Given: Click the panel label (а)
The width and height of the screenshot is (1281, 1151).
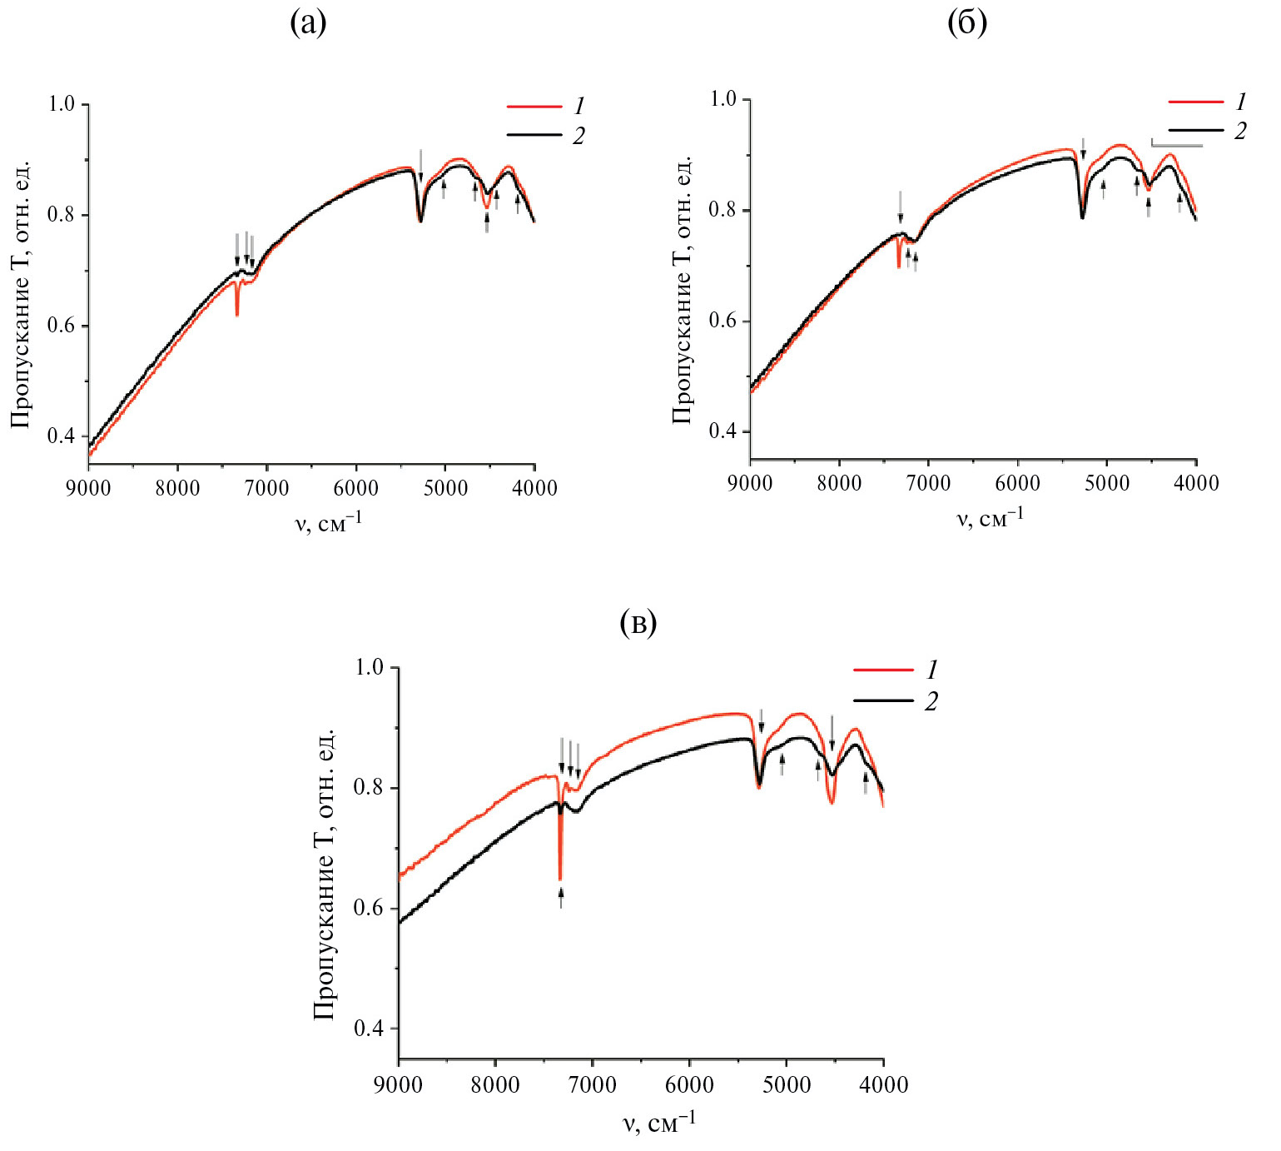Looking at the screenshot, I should click(x=308, y=23).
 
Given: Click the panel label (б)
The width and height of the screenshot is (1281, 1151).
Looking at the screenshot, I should click(x=967, y=23).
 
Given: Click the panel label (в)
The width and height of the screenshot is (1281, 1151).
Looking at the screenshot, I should click(x=638, y=622).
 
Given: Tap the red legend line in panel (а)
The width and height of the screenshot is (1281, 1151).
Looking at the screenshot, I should click(x=534, y=107).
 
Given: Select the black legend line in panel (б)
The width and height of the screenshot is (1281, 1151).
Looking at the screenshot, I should click(x=1196, y=131).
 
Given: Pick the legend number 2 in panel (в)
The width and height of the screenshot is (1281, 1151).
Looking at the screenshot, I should click(x=931, y=701).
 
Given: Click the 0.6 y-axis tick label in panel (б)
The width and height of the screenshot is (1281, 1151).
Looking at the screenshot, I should click(x=723, y=321).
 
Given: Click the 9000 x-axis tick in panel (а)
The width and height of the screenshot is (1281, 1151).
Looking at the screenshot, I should click(x=88, y=487).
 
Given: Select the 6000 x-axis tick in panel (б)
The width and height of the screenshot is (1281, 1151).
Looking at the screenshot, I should click(x=1017, y=483).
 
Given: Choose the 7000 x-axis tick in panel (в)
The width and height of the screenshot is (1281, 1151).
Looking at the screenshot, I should click(x=592, y=1084).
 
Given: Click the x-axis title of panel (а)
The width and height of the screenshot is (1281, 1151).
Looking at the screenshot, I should click(x=329, y=523).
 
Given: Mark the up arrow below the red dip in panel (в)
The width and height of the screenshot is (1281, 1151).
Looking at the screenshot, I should click(x=561, y=897).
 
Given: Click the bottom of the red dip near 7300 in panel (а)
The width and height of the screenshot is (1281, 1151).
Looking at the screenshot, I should click(x=237, y=314).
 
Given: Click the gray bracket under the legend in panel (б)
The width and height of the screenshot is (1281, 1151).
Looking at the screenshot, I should click(x=1176, y=145).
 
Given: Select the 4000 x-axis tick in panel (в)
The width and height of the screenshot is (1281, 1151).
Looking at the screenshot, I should click(x=884, y=1084).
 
